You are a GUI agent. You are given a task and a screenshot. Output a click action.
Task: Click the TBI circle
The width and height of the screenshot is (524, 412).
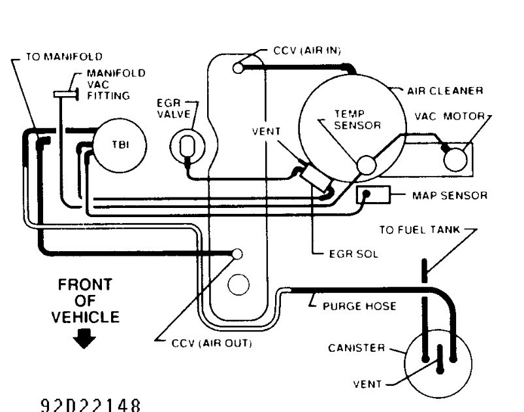coord(120,145)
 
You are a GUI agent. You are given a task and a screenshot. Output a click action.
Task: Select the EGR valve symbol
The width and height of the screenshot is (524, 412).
coord(188,146)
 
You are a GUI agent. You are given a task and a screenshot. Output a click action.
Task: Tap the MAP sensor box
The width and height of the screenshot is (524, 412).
coord(373,194)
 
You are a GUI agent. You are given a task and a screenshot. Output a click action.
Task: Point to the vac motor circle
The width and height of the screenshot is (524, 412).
coord(455,160)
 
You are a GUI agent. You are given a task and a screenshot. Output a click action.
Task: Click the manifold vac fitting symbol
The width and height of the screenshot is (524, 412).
coord(66,94)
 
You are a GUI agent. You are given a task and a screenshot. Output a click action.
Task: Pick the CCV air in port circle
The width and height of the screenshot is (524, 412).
coord(238,68)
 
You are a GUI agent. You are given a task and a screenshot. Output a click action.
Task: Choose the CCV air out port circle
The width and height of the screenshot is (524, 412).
coord(237,254)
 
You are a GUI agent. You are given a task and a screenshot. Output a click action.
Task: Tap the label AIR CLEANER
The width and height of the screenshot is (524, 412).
coord(445,91)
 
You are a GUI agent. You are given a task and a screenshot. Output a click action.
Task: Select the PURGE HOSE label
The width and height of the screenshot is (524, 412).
coord(359,306)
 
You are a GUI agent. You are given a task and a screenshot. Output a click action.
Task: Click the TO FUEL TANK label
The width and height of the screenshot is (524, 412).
coord(419,230)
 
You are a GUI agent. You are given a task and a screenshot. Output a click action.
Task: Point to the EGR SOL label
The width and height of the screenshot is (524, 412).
coord(354,254)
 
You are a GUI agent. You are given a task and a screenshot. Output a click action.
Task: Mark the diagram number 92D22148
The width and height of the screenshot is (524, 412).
coord(90,405)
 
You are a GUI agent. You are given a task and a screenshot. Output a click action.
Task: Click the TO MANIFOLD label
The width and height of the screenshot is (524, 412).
coord(64,56)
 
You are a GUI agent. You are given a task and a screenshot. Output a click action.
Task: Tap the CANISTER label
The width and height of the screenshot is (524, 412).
coord(357,348)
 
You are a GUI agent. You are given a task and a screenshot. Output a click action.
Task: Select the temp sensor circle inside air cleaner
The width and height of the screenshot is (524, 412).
coord(367,165)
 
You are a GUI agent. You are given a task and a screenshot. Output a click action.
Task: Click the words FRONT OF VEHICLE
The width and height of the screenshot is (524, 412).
coord(85,301)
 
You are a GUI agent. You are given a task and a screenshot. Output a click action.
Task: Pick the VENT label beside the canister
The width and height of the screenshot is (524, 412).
coord(367,384)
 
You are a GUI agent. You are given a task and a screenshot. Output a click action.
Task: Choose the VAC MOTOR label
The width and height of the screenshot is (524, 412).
coord(450,116)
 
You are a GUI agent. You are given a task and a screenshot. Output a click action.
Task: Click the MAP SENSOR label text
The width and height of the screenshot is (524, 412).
coord(450,196)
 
